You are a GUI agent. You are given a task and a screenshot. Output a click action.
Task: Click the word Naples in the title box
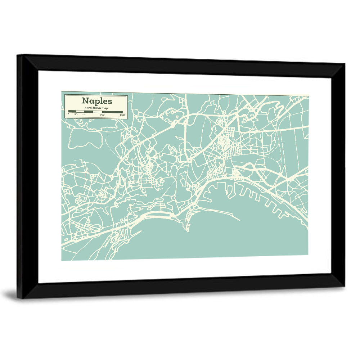[96, 101]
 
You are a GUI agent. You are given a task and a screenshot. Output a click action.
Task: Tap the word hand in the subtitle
[87, 108]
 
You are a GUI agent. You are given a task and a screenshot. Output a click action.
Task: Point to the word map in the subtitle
[105, 108]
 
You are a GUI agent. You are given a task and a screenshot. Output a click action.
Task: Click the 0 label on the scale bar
[68, 115]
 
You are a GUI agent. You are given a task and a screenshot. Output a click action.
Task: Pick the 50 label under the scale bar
[76, 115]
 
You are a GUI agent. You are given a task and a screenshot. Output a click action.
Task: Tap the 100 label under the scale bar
[84, 115]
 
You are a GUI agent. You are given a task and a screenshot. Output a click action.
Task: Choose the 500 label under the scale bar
[102, 115]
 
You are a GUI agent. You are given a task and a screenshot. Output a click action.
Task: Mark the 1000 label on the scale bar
[122, 115]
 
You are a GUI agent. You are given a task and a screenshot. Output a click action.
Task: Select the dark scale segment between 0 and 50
[72, 112]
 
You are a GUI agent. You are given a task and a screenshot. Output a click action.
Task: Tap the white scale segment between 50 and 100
[80, 112]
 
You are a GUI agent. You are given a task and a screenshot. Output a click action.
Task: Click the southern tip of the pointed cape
[187, 231]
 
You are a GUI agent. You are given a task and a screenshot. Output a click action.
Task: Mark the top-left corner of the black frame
[18, 55]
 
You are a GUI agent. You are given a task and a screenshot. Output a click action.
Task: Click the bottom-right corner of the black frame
[344, 287]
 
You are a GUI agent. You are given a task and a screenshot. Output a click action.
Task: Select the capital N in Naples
[85, 101]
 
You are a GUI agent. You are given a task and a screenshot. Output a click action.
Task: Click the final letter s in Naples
[110, 101]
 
